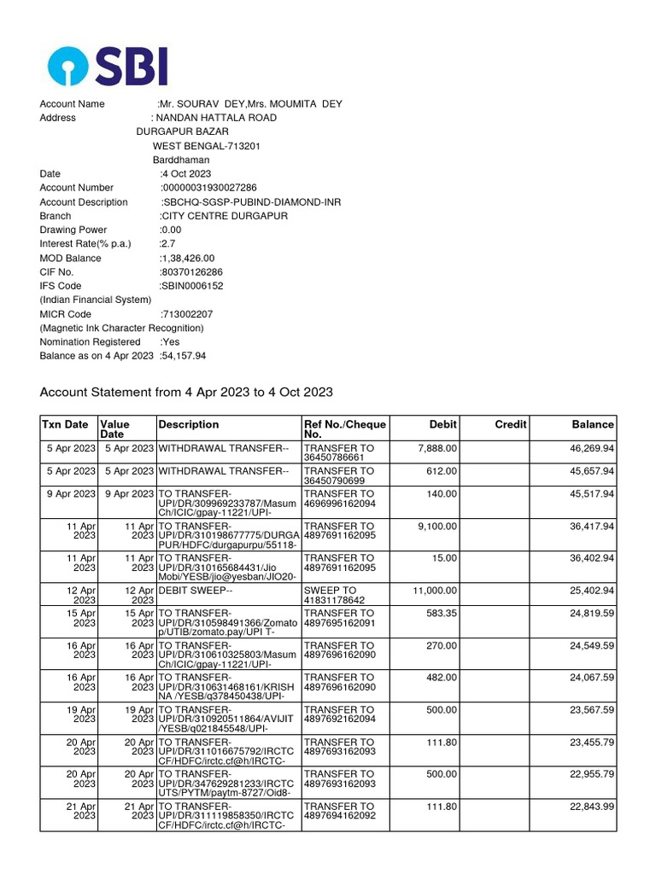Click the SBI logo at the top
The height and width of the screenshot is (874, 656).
pyautogui.click(x=108, y=66)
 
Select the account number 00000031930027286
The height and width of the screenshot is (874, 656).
pyautogui.click(x=209, y=188)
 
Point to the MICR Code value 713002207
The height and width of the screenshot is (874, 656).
pyautogui.click(x=187, y=314)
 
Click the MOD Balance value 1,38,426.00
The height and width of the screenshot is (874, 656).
pyautogui.click(x=188, y=259)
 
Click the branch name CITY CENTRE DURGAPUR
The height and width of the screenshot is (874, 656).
pyautogui.click(x=224, y=216)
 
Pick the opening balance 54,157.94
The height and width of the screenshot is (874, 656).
pyautogui.click(x=184, y=356)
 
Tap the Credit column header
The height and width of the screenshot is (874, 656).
pyautogui.click(x=511, y=424)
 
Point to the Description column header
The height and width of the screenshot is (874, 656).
pyautogui.click(x=189, y=424)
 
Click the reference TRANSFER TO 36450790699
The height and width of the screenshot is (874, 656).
pyautogui.click(x=339, y=475)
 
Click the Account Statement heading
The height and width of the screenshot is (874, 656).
pyautogui.click(x=186, y=393)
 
